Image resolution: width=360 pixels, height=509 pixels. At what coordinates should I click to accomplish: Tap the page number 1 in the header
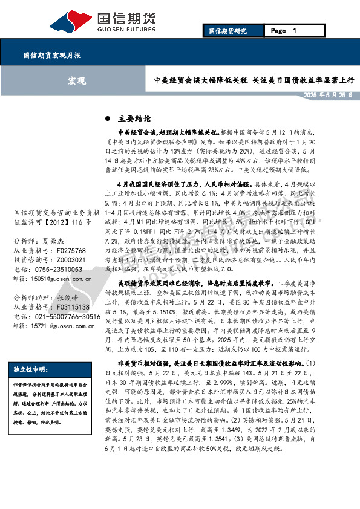click(293, 30)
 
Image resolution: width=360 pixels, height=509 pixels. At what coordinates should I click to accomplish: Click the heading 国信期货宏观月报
click(52, 54)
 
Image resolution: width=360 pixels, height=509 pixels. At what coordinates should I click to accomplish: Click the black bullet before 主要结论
click(108, 118)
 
